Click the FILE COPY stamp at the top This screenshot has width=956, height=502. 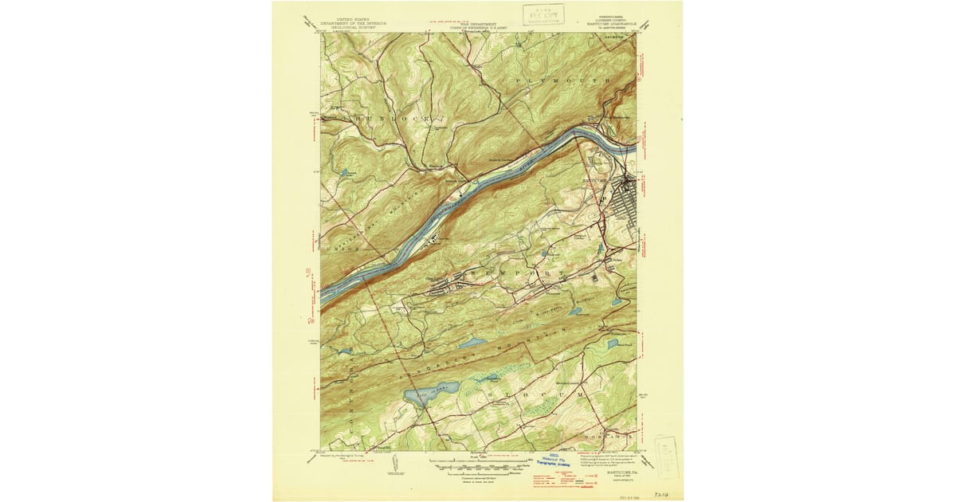click(x=543, y=14)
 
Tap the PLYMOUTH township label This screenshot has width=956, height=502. click(x=562, y=81)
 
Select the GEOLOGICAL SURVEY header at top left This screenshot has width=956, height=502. click(x=353, y=28)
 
